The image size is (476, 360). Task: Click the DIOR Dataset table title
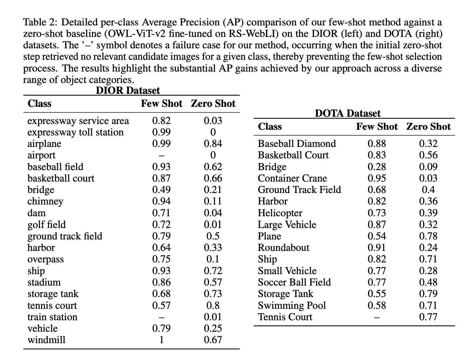click(x=128, y=91)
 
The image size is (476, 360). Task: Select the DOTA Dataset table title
click(x=347, y=114)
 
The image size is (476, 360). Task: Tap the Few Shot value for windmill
click(x=161, y=340)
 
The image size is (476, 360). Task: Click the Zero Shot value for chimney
click(x=213, y=201)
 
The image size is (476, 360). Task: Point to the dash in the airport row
click(x=161, y=156)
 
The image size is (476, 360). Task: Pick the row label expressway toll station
click(x=75, y=132)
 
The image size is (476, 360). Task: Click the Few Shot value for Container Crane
click(x=377, y=178)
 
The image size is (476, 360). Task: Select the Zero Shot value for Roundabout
click(x=428, y=248)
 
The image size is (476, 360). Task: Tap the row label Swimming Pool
click(x=292, y=306)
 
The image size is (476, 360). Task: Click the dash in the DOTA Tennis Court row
click(x=377, y=317)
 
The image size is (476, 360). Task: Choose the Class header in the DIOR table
click(x=39, y=104)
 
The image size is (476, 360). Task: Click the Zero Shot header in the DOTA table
click(x=428, y=127)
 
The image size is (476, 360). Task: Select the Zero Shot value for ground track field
click(x=213, y=236)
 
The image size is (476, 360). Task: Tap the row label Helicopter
click(x=280, y=213)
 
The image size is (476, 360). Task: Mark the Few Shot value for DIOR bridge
click(x=161, y=190)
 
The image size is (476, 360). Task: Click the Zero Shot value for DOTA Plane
click(x=428, y=236)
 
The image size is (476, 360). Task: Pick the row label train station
click(x=52, y=317)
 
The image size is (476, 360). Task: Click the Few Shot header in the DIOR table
click(x=161, y=104)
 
